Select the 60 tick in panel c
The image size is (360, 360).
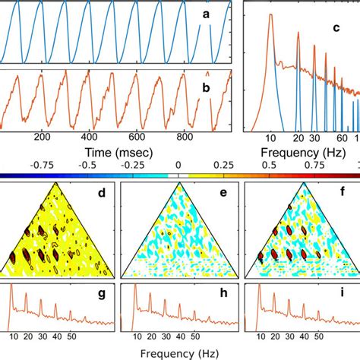pos(342,139)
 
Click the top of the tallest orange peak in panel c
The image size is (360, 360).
pos(270,16)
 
